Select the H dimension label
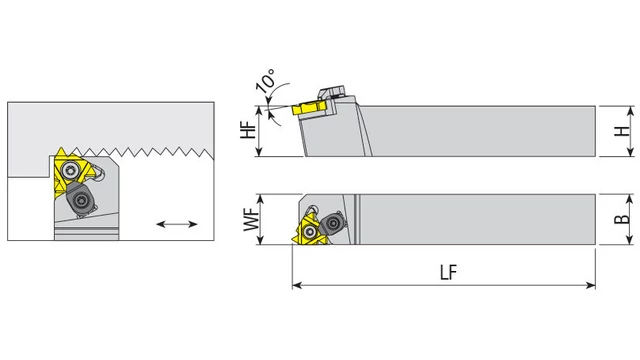point(622,131)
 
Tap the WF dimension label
point(251,220)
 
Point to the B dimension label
point(622,219)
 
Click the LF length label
point(449,272)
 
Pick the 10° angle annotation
point(266,80)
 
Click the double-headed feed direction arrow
point(177,224)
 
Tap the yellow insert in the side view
point(309,108)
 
